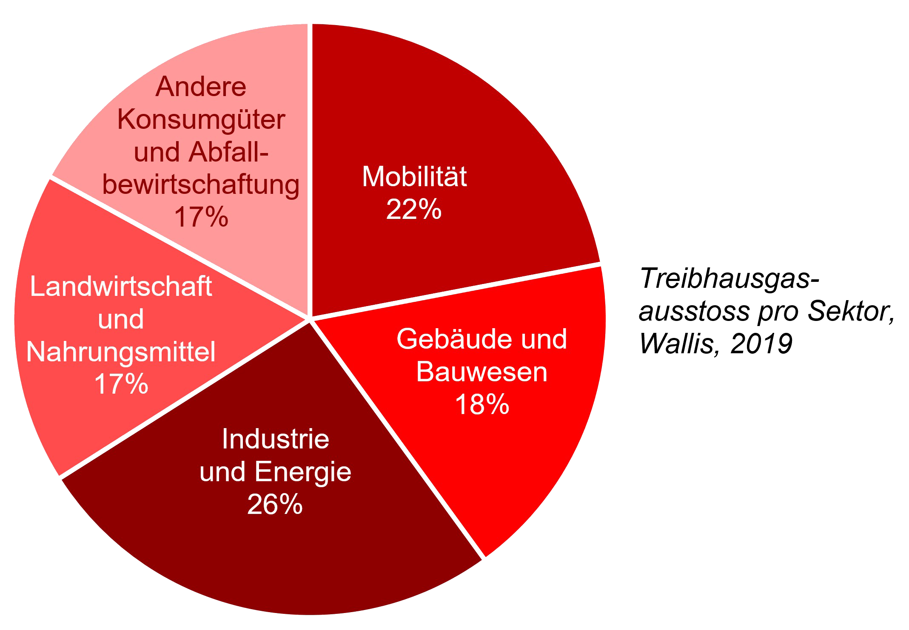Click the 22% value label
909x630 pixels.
coord(413,210)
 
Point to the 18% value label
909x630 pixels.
coord(482,404)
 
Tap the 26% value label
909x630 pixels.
coord(275,505)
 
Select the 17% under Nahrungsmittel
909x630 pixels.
coord(121,384)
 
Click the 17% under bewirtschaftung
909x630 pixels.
coord(201,217)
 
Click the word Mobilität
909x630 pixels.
coord(414,176)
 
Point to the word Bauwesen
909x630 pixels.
coord(482,372)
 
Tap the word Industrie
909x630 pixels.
coord(275,439)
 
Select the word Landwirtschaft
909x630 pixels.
coord(121,287)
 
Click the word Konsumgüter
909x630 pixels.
coord(201,120)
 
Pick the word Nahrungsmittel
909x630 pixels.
coord(121,352)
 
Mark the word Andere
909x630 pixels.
coord(201,87)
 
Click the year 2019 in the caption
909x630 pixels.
coord(761,343)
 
